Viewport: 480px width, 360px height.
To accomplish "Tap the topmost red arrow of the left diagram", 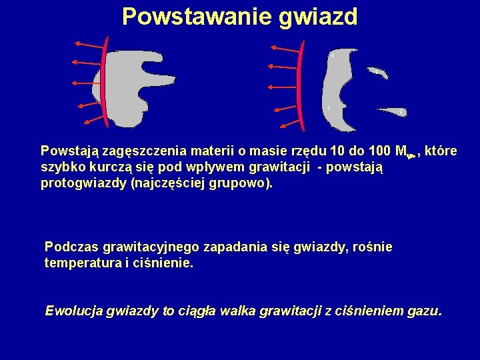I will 90,45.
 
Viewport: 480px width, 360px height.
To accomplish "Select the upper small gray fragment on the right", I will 377,73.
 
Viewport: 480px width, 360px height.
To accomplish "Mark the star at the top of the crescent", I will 331,57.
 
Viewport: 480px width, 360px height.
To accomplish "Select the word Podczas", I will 67,247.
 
